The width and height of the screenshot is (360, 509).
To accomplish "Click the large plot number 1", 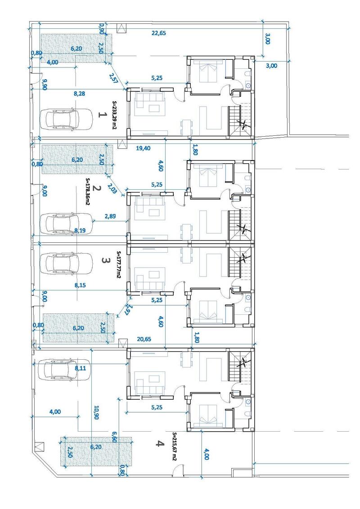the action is (102, 115).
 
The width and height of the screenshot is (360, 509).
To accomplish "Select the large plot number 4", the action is (158, 443).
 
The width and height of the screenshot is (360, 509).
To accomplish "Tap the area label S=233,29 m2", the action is (114, 115).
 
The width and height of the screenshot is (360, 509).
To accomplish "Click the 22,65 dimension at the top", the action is (159, 33).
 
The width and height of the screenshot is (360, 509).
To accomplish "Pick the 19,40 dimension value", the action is (143, 148).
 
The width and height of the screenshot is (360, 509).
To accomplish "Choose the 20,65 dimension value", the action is (144, 339).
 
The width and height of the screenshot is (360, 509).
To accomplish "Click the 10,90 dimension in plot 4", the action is (96, 412).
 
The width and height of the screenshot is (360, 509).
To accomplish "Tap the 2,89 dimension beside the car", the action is (110, 216).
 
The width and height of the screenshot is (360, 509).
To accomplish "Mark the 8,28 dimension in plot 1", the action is (80, 94).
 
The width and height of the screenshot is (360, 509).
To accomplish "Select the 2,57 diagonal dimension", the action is (113, 78).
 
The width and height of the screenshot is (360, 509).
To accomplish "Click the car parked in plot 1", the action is (66, 119).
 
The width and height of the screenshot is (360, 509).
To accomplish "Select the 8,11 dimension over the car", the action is (81, 368).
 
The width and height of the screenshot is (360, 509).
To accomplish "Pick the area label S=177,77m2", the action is (119, 265).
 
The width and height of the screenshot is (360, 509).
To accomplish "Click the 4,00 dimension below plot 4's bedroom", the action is (206, 454).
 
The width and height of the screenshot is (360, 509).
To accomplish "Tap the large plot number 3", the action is (104, 261).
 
